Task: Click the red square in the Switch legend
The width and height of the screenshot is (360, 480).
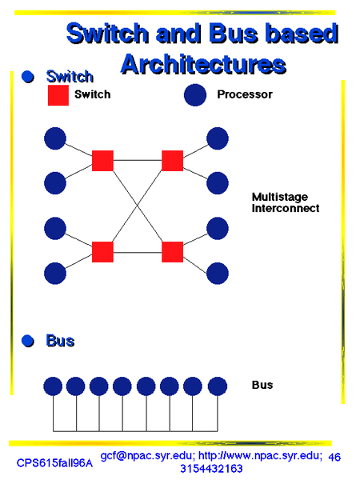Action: coord(58,95)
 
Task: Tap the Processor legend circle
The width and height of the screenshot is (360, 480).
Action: coord(195,95)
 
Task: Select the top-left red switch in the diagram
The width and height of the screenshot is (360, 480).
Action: coord(102,161)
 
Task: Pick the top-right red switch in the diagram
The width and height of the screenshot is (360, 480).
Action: coord(172,161)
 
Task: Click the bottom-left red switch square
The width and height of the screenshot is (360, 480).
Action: coord(102,252)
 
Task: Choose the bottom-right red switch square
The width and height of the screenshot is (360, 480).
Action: coord(172,252)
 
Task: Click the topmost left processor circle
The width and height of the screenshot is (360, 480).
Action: coord(55,138)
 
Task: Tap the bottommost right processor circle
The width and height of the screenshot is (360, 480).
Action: coord(218,274)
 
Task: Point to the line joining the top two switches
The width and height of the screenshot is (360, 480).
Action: coord(138,160)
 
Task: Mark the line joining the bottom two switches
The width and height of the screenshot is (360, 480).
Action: coord(138,253)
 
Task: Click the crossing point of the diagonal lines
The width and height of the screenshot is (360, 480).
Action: coord(138,206)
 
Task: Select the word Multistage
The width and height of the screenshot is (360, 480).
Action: coord(280,197)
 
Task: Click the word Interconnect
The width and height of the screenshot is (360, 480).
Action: coord(286,209)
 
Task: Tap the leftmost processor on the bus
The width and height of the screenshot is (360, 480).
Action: coord(53,386)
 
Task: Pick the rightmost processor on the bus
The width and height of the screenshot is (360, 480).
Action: coord(218,386)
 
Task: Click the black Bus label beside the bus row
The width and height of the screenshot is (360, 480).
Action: coord(262,385)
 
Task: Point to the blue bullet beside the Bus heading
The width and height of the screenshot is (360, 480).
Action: coord(28,341)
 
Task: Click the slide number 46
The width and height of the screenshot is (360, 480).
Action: coord(334,458)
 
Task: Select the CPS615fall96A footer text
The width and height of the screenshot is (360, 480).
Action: coord(54,463)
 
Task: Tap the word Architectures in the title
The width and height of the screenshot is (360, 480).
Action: coord(203,65)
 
